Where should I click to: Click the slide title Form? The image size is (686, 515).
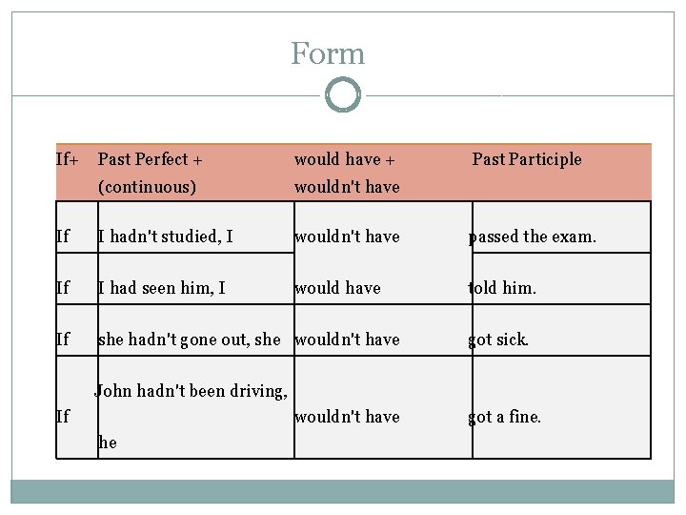click(x=328, y=53)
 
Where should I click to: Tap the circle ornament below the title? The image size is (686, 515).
click(x=343, y=95)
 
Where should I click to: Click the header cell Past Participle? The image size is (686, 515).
click(x=527, y=159)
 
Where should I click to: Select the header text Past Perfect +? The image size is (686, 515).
click(x=151, y=159)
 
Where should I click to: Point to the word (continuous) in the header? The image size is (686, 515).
click(x=147, y=187)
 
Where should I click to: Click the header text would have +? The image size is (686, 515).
click(x=337, y=159)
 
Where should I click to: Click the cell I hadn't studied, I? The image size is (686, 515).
click(x=165, y=237)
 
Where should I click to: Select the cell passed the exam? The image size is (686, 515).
click(x=532, y=237)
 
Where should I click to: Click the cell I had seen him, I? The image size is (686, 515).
click(x=162, y=288)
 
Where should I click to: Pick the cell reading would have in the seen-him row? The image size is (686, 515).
click(x=337, y=288)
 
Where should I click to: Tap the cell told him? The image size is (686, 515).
click(x=501, y=288)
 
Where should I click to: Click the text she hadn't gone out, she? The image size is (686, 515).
click(x=190, y=340)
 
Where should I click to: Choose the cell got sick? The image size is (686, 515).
click(x=497, y=340)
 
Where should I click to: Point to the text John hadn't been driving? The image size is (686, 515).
click(x=191, y=390)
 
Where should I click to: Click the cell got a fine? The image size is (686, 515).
click(x=504, y=417)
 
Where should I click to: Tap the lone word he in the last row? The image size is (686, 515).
click(x=107, y=443)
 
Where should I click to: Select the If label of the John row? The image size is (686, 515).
click(x=63, y=417)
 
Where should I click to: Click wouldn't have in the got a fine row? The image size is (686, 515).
click(x=347, y=417)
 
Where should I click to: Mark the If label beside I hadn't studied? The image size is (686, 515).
click(x=63, y=237)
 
